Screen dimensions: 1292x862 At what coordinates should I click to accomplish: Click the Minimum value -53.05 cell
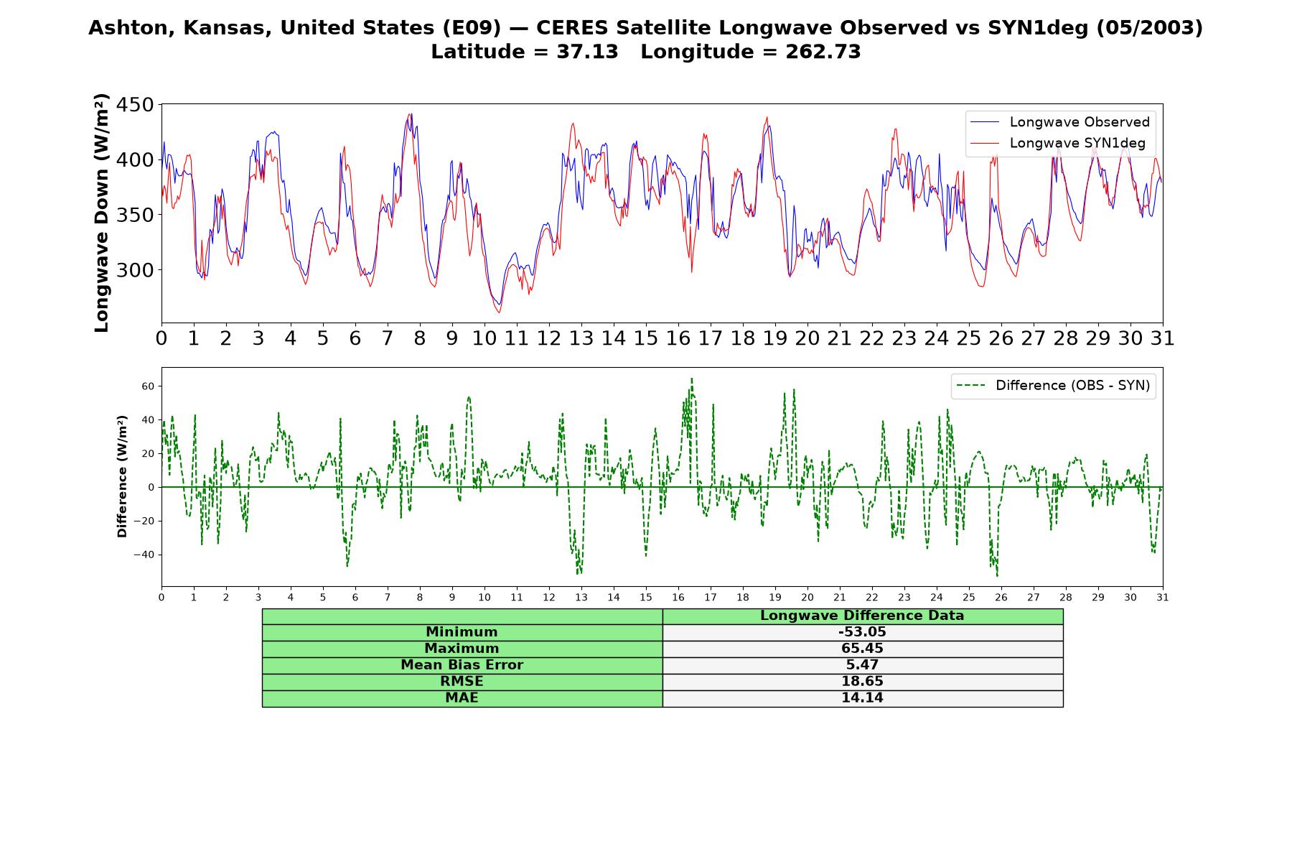click(x=862, y=632)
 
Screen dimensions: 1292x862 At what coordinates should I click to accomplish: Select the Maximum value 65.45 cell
click(x=862, y=649)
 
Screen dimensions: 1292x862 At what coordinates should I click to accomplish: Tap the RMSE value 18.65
click(x=862, y=682)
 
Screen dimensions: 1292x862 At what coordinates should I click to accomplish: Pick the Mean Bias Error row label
click(x=462, y=665)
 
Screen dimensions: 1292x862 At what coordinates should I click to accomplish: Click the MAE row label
click(x=462, y=698)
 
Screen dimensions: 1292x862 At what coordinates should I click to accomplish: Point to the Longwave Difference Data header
click(x=862, y=616)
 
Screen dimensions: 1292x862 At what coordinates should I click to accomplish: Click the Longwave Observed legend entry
click(x=1061, y=122)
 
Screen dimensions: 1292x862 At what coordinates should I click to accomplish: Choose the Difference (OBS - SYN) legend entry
click(x=1054, y=386)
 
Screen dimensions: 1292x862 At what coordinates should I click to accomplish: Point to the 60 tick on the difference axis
click(x=148, y=386)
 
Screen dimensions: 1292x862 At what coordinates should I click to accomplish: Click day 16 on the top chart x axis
click(x=678, y=338)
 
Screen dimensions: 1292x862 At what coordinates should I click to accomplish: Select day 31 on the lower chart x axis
click(x=1163, y=597)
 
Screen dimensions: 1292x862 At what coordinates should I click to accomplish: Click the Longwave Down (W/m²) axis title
click(x=101, y=213)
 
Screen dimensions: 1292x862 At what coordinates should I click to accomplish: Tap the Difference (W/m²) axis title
click(x=122, y=476)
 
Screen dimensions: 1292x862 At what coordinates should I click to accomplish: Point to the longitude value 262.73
click(x=823, y=52)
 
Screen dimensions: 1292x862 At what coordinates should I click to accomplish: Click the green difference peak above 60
click(x=692, y=379)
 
